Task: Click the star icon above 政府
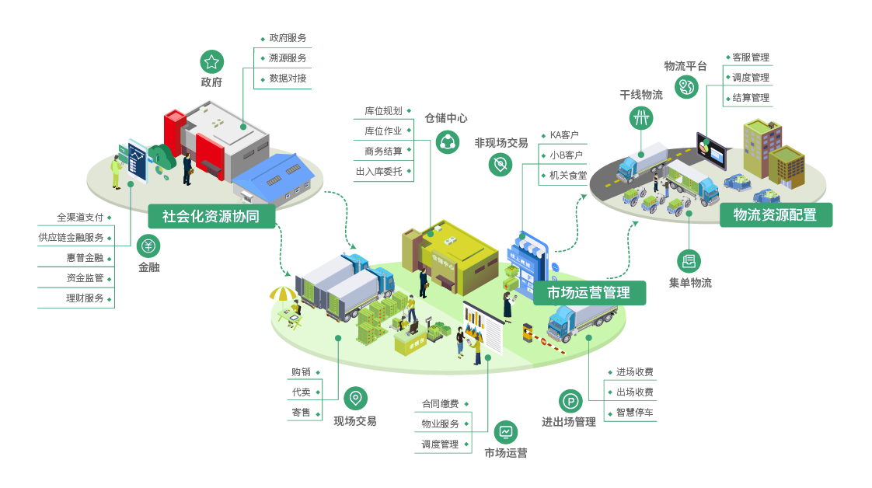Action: click(211, 61)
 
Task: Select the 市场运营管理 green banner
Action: click(589, 293)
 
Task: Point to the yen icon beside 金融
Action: click(148, 246)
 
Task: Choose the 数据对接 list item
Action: click(288, 78)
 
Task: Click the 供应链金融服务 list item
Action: click(71, 238)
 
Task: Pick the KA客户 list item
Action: click(565, 135)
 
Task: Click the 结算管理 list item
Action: click(751, 98)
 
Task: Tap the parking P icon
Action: click(570, 401)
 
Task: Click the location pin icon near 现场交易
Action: click(355, 399)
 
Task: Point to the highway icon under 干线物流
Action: click(641, 117)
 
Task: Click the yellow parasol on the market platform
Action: click(282, 294)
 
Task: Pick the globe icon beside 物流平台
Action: click(687, 87)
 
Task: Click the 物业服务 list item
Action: click(440, 424)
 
